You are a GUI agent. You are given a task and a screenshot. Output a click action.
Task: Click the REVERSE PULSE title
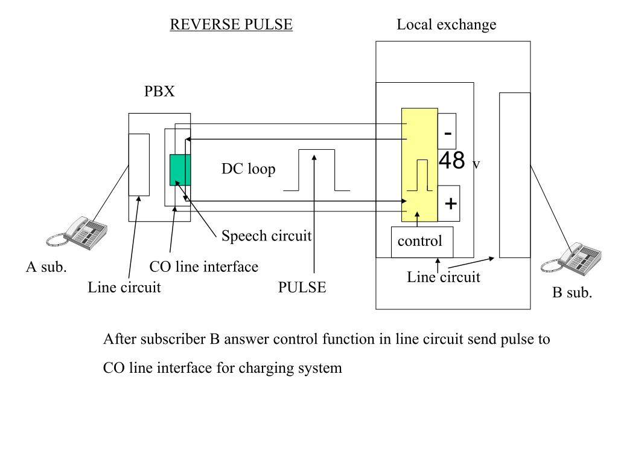pyautogui.click(x=231, y=24)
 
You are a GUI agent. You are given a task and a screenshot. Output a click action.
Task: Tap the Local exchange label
pyautogui.click(x=446, y=25)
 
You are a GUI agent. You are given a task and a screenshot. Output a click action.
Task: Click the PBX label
pyautogui.click(x=159, y=91)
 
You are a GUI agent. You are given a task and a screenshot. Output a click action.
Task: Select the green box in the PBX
pyautogui.click(x=180, y=170)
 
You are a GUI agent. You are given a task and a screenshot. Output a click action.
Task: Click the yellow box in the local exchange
pyautogui.click(x=419, y=165)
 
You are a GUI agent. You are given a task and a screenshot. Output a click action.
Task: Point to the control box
pyautogui.click(x=422, y=242)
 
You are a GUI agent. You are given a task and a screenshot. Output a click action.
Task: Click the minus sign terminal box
pyautogui.click(x=447, y=131)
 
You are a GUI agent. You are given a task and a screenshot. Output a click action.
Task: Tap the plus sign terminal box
pyautogui.click(x=449, y=203)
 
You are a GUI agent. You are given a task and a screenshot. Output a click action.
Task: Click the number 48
pyautogui.click(x=451, y=161)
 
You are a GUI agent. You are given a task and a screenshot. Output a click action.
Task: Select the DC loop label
pyautogui.click(x=248, y=169)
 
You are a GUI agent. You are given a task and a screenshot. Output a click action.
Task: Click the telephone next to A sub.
pyautogui.click(x=77, y=233)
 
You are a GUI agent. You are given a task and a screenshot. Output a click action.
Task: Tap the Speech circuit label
pyautogui.click(x=266, y=236)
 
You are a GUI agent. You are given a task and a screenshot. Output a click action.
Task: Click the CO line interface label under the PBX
pyautogui.click(x=204, y=266)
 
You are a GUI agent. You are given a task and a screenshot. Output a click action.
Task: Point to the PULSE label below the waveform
pyautogui.click(x=302, y=287)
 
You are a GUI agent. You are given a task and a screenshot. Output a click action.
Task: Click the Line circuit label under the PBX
pyautogui.click(x=124, y=287)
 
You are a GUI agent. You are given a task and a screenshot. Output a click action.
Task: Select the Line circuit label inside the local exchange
pyautogui.click(x=444, y=277)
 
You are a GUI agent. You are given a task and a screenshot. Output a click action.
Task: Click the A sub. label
pyautogui.click(x=46, y=267)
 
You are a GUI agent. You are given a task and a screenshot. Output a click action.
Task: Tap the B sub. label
pyautogui.click(x=572, y=293)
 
